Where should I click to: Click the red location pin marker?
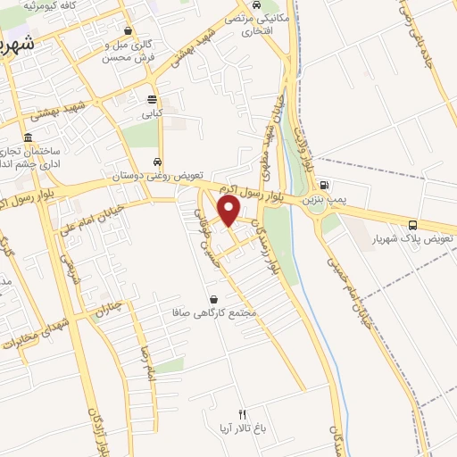pos(229,211)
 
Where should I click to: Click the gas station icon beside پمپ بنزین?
pos(321,187)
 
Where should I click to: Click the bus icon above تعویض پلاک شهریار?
pos(411,224)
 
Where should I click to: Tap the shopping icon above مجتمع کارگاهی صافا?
pos(213,299)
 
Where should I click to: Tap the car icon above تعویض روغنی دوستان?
pos(158,162)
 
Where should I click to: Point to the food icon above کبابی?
pos(152,99)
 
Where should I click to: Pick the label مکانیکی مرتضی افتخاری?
pos(258,23)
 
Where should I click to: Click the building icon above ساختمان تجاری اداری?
pos(29,138)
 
